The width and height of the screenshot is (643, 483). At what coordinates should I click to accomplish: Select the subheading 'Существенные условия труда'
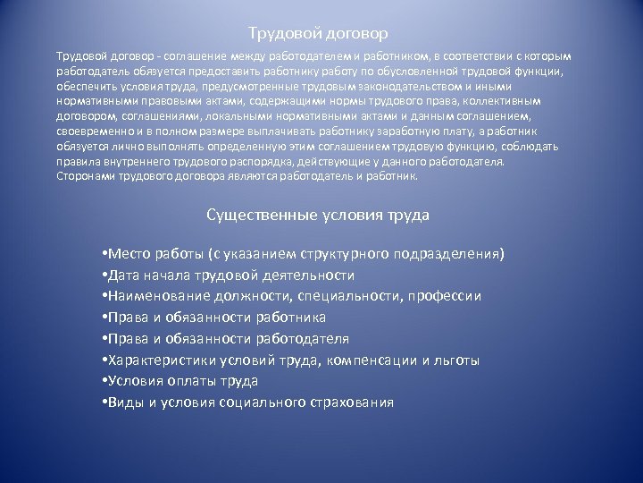point(318,216)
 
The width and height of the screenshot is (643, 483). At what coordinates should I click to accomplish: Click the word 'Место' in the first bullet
point(127,254)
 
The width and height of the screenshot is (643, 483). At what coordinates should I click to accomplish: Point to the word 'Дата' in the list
point(123,275)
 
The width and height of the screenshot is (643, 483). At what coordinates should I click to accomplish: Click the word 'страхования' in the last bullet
point(344,402)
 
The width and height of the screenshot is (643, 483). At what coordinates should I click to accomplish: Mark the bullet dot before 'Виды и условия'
point(105,402)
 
